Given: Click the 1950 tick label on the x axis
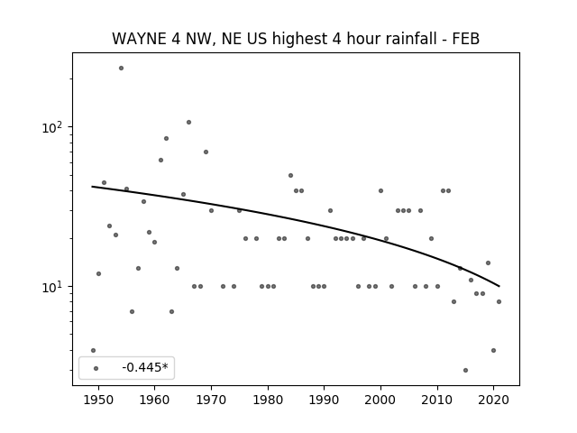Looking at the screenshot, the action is pyautogui.click(x=98, y=400).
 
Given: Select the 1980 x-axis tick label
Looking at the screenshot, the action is pyautogui.click(x=268, y=400).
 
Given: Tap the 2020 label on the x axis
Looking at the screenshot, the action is pyautogui.click(x=494, y=400).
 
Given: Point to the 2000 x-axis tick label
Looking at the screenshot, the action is pyautogui.click(x=380, y=400).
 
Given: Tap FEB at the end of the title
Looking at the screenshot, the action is pyautogui.click(x=466, y=39).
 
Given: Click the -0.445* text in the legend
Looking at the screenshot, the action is pyautogui.click(x=145, y=367).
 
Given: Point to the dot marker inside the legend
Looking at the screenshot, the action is pyautogui.click(x=96, y=368).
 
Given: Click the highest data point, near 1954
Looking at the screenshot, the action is pyautogui.click(x=121, y=69).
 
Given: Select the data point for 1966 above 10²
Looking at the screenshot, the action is pyautogui.click(x=188, y=123).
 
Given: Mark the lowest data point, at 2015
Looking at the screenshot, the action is pyautogui.click(x=465, y=371).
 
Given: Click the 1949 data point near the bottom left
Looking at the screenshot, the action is pyautogui.click(x=93, y=351).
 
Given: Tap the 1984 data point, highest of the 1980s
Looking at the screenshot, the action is pyautogui.click(x=290, y=176).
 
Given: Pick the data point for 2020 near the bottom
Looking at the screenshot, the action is pyautogui.click(x=493, y=351).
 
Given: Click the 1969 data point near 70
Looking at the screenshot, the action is pyautogui.click(x=206, y=152).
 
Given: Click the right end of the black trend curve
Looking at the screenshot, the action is pyautogui.click(x=499, y=286).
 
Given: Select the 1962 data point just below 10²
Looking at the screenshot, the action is pyautogui.click(x=166, y=138).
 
